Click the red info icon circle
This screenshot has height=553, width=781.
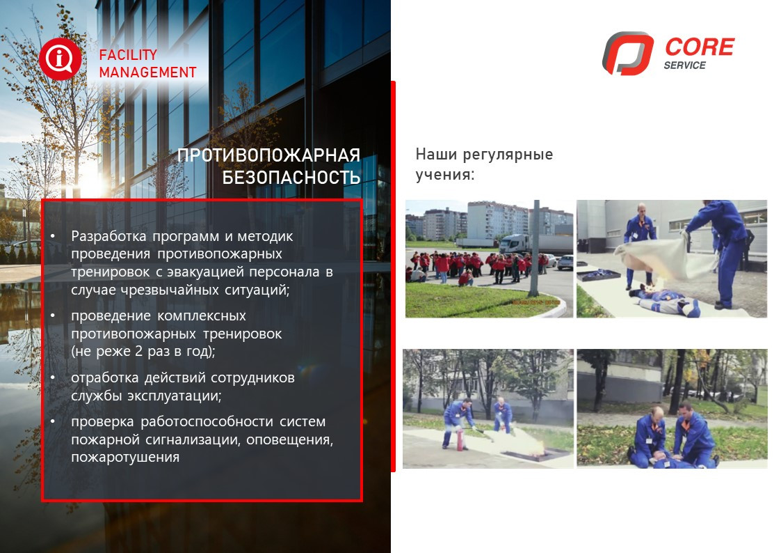[x=60, y=59]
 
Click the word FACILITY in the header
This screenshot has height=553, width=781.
[x=128, y=55]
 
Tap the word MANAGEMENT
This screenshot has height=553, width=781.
[x=148, y=73]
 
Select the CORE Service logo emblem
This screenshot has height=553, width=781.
[x=627, y=54]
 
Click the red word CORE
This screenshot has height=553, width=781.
[x=700, y=47]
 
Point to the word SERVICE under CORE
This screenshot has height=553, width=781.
[x=685, y=65]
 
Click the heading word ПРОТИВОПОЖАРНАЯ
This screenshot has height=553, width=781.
[x=268, y=155]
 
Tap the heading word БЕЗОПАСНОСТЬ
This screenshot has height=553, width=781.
[x=291, y=178]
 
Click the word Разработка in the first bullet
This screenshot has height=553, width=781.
[x=108, y=236]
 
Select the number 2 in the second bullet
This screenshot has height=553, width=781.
[x=139, y=352]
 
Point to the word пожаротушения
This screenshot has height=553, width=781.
[x=125, y=458]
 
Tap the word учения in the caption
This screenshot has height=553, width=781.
[x=445, y=175]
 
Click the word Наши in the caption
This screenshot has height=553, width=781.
[x=436, y=154]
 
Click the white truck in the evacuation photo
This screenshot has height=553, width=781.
[x=515, y=243]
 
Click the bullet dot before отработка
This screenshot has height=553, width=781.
[x=53, y=378]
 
